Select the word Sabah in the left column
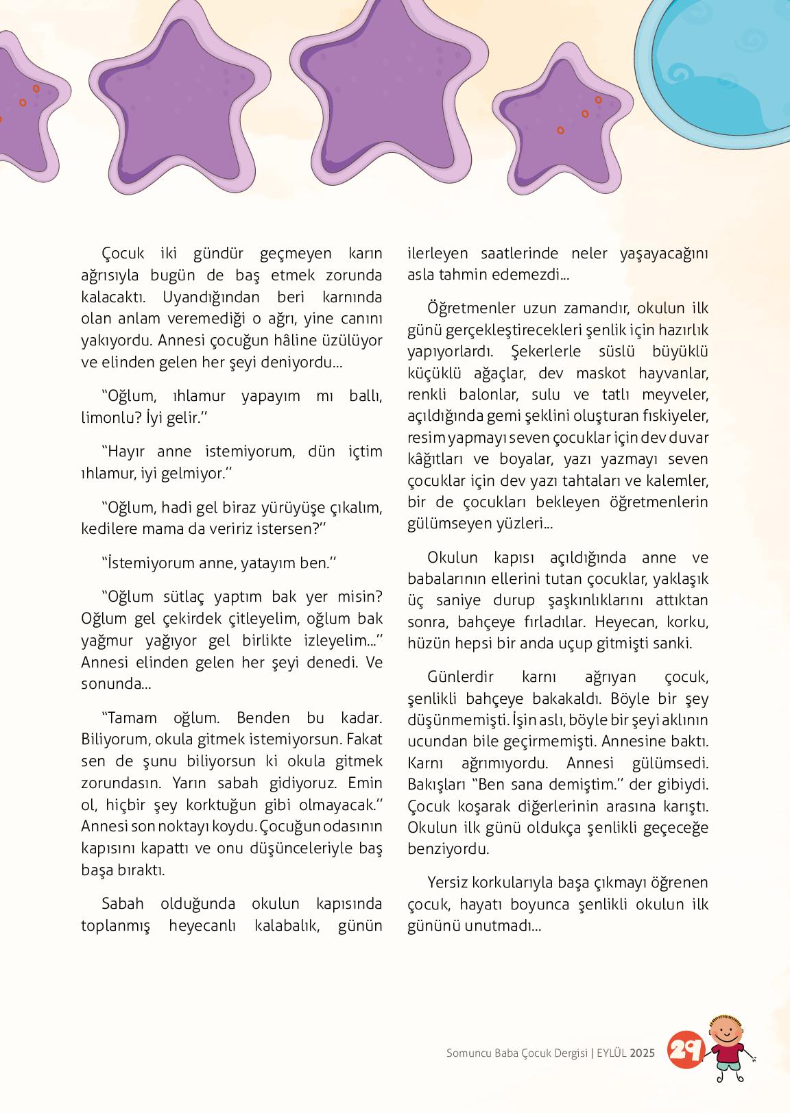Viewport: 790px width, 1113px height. point(123,903)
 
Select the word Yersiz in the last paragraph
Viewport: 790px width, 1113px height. point(447,882)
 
